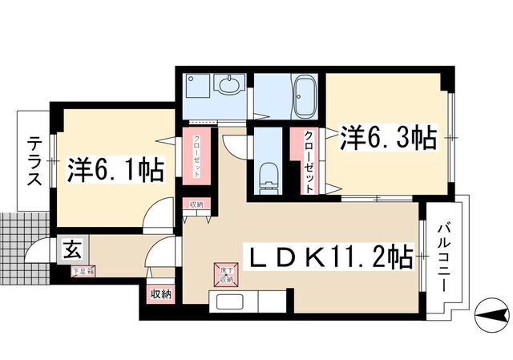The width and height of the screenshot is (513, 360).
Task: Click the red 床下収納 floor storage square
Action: coord(225,274)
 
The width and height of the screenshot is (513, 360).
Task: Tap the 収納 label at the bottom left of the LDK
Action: coord(160,294)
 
